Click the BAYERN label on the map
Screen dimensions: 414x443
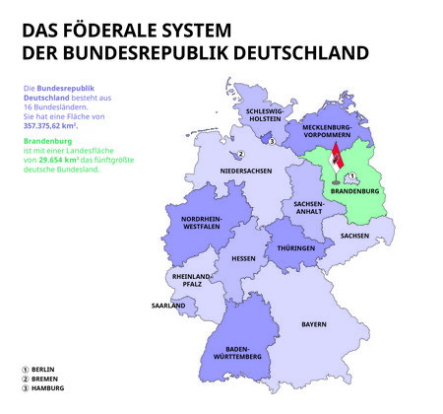(314, 323)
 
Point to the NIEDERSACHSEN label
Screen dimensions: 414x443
(245, 171)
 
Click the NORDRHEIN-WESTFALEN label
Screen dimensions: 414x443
(202, 223)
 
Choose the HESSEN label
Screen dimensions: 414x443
(243, 258)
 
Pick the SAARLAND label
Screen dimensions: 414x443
(167, 306)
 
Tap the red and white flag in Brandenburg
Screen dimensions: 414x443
(337, 158)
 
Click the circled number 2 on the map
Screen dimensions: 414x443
(240, 154)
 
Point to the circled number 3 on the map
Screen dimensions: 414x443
(272, 142)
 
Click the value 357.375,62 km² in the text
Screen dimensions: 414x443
(49, 126)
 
